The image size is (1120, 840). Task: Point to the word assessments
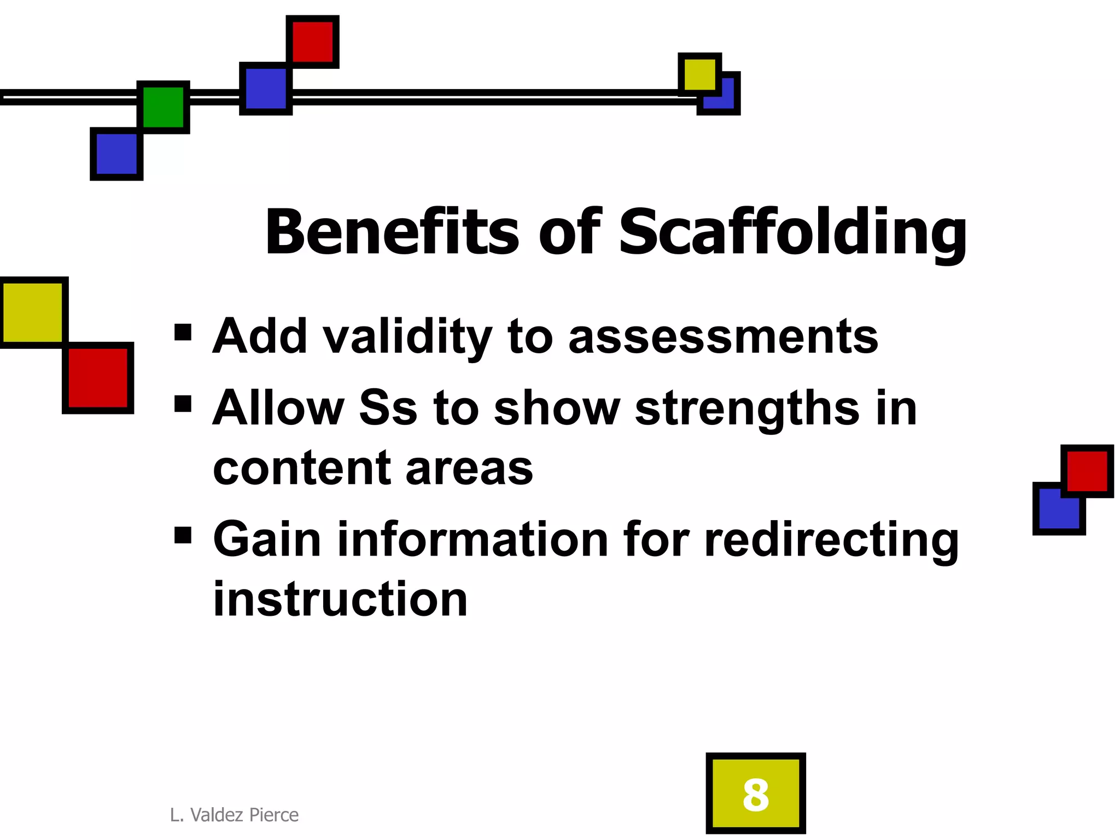click(723, 336)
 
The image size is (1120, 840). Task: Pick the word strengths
click(746, 409)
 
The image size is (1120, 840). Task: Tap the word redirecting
click(831, 540)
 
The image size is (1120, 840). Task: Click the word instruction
click(340, 599)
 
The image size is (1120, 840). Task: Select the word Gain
click(267, 539)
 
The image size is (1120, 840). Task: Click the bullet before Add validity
click(183, 332)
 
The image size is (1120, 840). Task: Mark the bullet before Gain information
click(183, 535)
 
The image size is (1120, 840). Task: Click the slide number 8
click(755, 794)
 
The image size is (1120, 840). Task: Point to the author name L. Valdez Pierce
click(234, 815)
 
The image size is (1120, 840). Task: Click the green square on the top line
click(163, 107)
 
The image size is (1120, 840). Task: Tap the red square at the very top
click(313, 42)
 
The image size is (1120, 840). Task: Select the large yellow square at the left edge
click(33, 312)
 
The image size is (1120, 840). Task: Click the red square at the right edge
click(1087, 471)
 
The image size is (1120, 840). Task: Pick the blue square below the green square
click(116, 154)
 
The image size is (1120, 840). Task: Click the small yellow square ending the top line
click(699, 74)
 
